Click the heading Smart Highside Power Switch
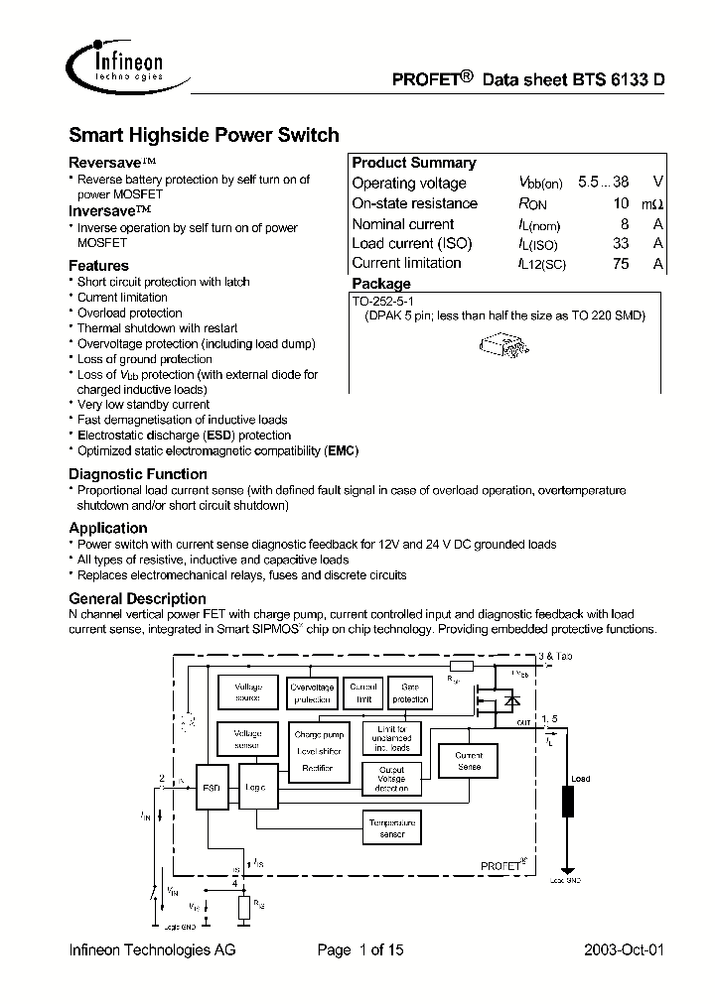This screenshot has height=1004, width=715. pos(204,135)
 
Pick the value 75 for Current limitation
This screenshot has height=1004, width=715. pos(621,263)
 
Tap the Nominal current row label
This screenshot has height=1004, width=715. pos(402,224)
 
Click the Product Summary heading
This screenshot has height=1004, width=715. pos(414,163)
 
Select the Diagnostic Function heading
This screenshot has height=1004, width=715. pos(138,474)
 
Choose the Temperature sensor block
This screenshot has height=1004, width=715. pos(392,828)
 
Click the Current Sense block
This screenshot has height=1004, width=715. pos(469,761)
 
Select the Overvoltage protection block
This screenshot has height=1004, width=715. pos(313,691)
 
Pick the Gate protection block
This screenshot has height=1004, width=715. pos(409,691)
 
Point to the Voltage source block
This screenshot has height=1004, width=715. pos(247,691)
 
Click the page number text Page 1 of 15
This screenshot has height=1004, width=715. pos(360,950)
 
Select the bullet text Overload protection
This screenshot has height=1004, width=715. pos(129,313)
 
